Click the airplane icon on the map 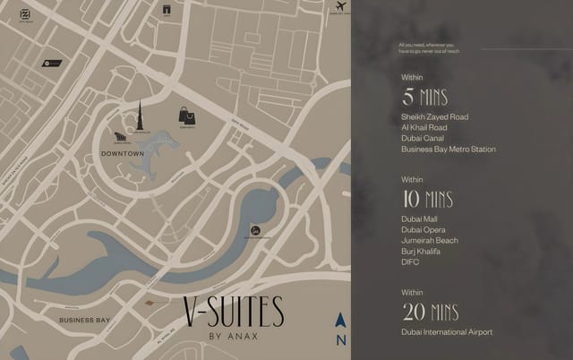click(x=340, y=7)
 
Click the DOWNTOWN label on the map click(x=123, y=154)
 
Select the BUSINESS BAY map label click(x=84, y=320)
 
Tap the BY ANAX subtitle click(x=233, y=337)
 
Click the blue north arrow click(x=340, y=320)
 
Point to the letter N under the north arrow click(x=340, y=339)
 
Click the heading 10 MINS click(x=429, y=199)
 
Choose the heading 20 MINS click(x=430, y=312)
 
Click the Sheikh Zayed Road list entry click(x=435, y=117)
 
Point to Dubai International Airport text click(x=447, y=332)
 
